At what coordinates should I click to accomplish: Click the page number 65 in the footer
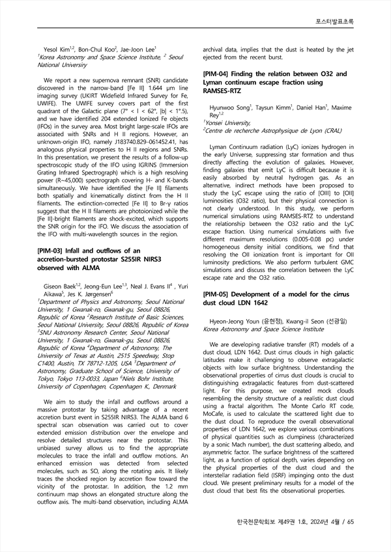point(349,522)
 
